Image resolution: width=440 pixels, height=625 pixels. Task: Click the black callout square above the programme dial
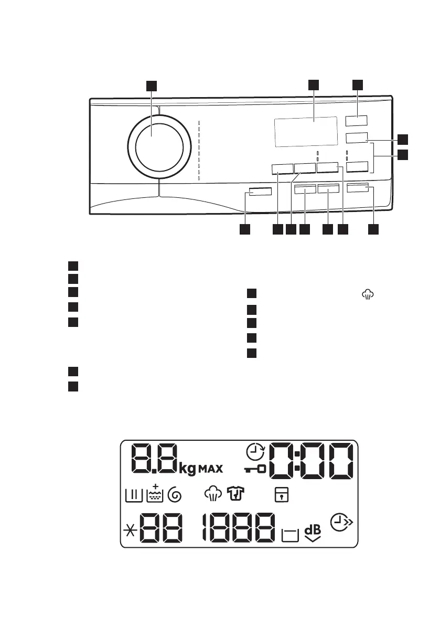[152, 86]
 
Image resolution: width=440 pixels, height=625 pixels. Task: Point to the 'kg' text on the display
[188, 468]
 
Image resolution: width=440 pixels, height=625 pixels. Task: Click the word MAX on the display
[210, 468]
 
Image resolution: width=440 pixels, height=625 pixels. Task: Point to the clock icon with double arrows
[340, 523]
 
